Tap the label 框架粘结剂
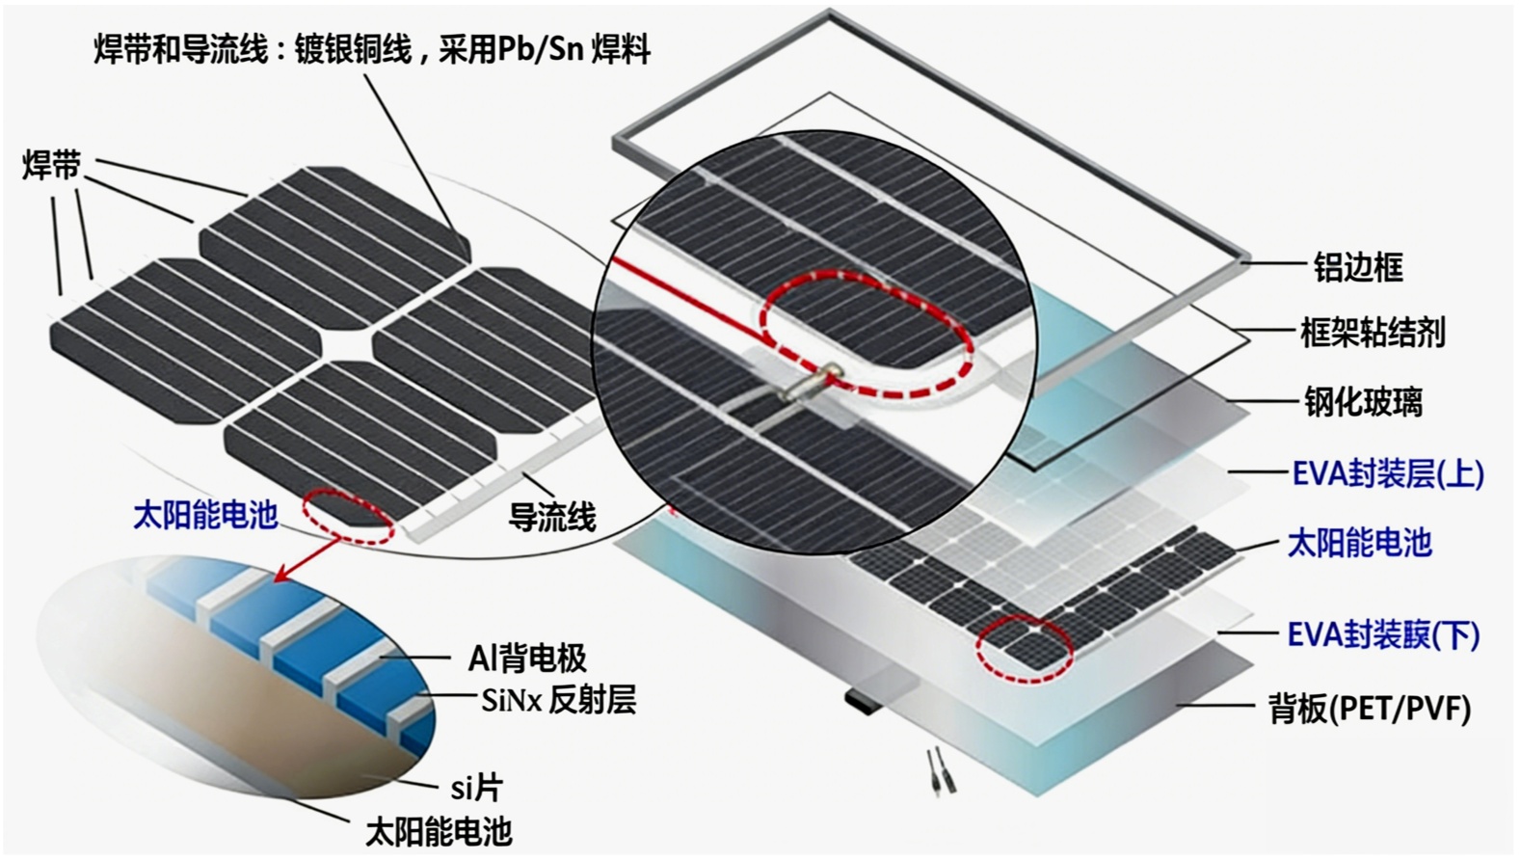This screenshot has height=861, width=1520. coord(1373,333)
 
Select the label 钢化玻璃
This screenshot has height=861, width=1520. coord(1363,402)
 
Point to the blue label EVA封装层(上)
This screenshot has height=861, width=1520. coord(1387,473)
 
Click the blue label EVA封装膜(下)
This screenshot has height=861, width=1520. coord(1383,634)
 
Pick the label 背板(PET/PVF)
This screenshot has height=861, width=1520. coord(1369,710)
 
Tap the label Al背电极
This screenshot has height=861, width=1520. coord(527,659)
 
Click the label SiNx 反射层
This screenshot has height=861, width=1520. coord(558,700)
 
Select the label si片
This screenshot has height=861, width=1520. coord(476,788)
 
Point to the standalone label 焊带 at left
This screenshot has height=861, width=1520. coord(51,166)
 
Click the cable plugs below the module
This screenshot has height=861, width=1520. coord(936,772)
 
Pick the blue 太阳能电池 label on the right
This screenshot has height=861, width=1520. coord(1359,543)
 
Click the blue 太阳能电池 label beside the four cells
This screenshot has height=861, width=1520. coord(204,514)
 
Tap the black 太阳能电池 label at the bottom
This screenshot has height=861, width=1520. coord(439,832)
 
